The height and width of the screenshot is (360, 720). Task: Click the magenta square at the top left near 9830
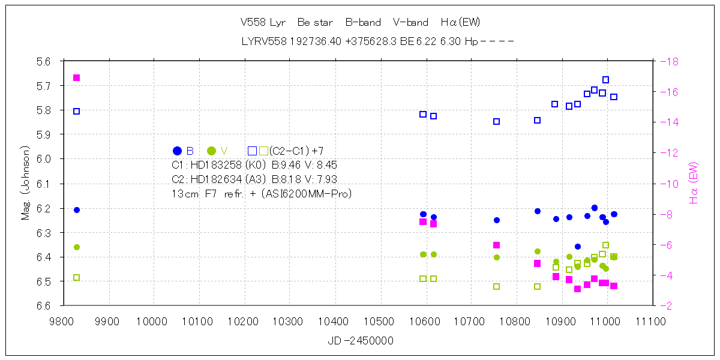[x=77, y=77]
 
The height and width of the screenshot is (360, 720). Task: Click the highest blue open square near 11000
[x=605, y=80]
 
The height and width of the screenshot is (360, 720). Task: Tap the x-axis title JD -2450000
[x=361, y=341]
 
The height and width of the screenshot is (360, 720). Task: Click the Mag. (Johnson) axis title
[x=25, y=182]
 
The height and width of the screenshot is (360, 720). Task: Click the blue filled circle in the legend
[x=177, y=151]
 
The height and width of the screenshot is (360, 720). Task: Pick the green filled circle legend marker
[x=211, y=151]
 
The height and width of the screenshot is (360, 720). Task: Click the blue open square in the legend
[x=253, y=151]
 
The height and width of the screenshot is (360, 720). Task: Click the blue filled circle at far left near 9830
[x=77, y=210]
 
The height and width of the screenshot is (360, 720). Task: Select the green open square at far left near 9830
[x=77, y=277]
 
